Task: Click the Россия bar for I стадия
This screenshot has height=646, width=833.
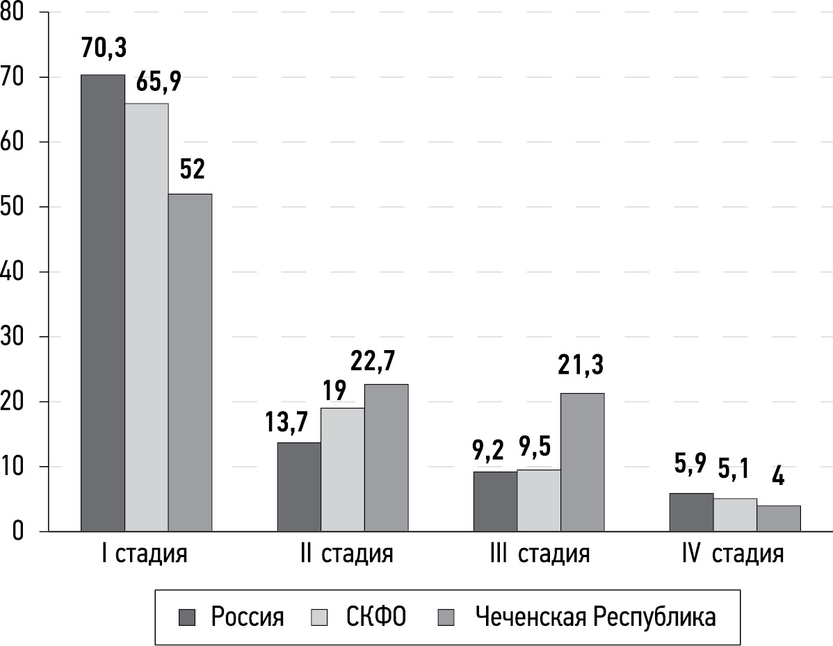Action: [103, 303]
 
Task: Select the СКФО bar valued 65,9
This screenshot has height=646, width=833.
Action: [147, 317]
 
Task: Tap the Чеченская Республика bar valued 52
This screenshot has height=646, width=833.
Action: [190, 363]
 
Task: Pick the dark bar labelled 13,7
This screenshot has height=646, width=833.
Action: [299, 487]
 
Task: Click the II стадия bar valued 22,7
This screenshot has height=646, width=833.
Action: [386, 458]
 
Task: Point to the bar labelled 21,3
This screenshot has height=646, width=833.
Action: [583, 462]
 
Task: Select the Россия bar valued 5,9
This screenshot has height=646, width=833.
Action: [691, 513]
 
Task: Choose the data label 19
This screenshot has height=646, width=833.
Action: [335, 390]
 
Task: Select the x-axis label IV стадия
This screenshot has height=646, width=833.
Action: [732, 555]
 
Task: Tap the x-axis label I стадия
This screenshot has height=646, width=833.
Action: [143, 555]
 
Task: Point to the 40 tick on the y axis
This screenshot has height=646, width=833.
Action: [13, 272]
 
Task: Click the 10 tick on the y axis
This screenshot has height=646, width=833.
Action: [13, 467]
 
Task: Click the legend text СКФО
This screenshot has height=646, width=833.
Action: [375, 617]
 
